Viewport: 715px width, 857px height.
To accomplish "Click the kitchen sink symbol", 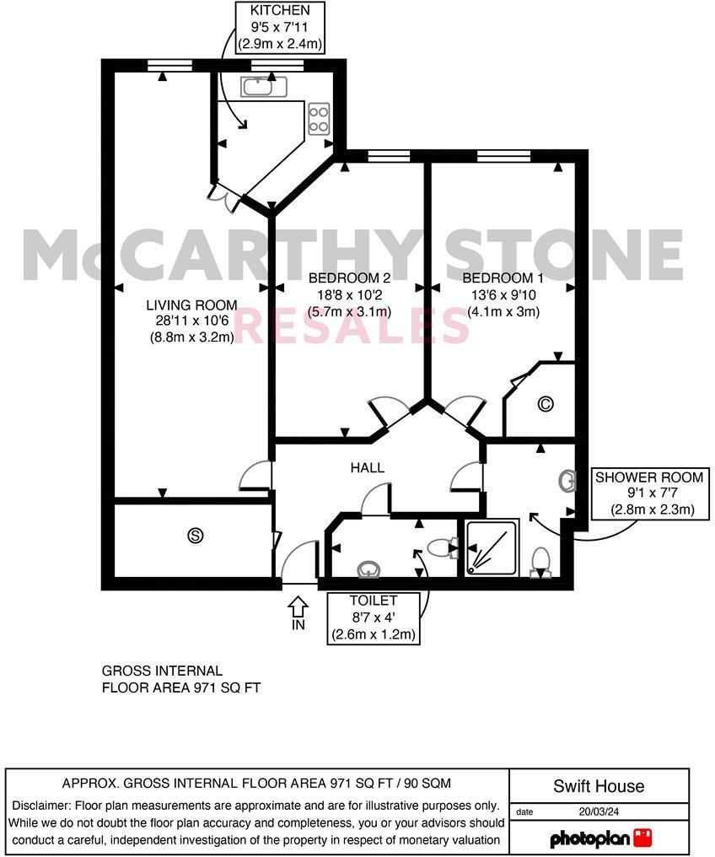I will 264,85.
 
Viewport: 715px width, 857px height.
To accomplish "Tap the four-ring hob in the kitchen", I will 319,118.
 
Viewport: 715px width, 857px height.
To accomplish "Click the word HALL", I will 368,467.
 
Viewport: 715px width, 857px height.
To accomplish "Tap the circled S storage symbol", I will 196,535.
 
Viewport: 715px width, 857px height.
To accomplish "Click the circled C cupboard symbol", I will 546,404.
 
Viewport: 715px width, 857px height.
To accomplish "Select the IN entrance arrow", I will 298,611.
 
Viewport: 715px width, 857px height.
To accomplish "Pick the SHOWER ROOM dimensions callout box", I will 652,493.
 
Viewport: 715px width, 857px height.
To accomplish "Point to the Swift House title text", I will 599,786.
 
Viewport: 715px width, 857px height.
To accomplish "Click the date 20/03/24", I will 598,812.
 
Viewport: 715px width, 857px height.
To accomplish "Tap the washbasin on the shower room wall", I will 567,482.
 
